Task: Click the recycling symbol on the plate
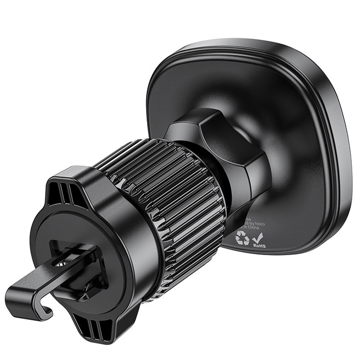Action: tap(242, 238)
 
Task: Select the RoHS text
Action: tap(260, 246)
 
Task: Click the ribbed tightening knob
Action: tap(171, 207)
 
